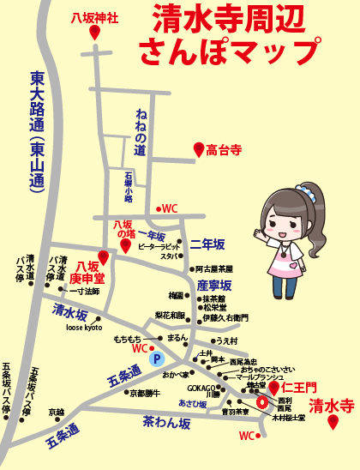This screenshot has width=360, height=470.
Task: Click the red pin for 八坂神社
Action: pos(94,33)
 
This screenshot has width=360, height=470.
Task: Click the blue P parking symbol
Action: pos(156,359)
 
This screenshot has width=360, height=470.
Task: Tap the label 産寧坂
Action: pos(214,285)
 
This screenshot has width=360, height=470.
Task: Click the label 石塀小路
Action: pos(127,187)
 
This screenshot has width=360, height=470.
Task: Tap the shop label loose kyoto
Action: pos(84,328)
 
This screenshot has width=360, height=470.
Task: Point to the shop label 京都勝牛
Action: pos(145,394)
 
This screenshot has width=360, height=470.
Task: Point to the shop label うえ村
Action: pos(226,340)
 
